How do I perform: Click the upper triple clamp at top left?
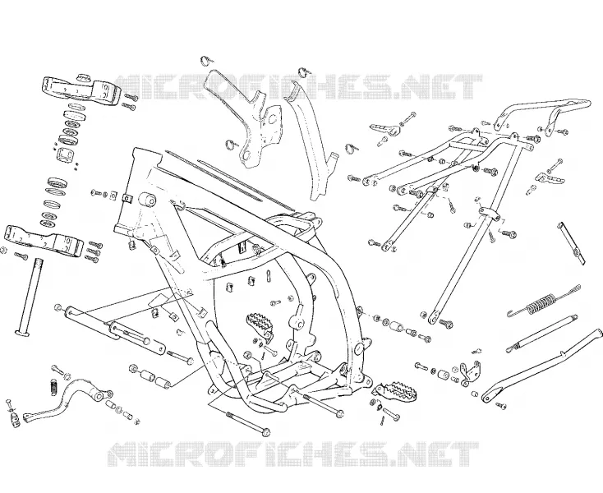coord(81,91)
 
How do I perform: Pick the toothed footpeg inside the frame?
coord(260,323)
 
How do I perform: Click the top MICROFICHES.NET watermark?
coord(299,87)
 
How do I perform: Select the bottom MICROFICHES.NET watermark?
coord(294,454)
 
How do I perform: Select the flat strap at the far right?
coord(572,243)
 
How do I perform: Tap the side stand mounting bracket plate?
coord(470,373)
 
